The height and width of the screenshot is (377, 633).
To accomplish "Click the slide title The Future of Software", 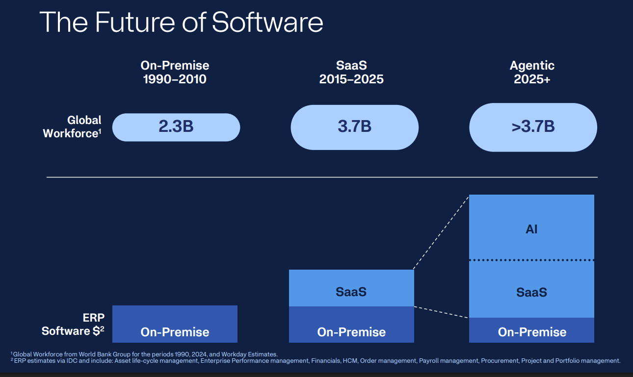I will pos(181,22).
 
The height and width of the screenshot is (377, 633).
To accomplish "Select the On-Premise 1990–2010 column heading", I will pos(175,72).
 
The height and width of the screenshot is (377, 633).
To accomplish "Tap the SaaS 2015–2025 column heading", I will pos(351,72).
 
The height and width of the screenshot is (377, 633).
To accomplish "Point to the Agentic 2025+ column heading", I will pos(532,72).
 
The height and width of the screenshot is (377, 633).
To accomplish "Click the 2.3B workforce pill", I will pos(176,127).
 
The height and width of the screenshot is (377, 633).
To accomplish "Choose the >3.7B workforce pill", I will pos(533,127).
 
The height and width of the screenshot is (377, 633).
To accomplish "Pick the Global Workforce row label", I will pos(72,126).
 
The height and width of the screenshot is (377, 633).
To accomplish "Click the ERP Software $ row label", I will pos(73,325).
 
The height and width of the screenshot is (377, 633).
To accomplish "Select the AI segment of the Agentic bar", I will pos(531,227).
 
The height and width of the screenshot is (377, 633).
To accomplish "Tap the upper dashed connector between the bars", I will pos(441,232).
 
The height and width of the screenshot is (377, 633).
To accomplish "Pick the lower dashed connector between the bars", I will pos(441,312).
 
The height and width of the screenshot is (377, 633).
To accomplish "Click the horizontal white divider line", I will pos(322,176).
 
